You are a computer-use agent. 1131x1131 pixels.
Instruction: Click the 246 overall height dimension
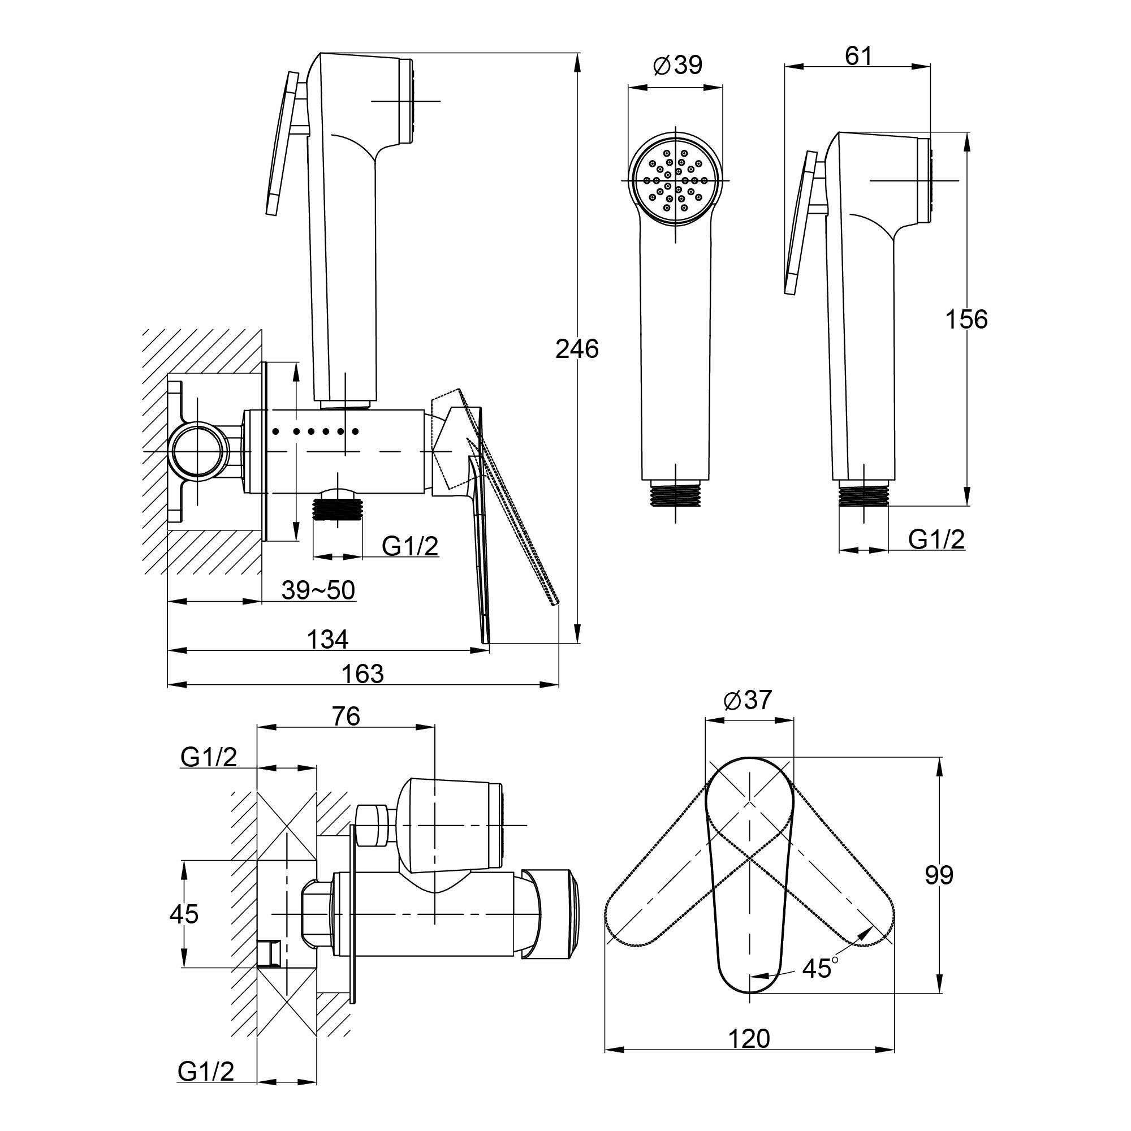pos(577,349)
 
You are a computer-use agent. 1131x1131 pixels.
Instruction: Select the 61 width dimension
pos(859,56)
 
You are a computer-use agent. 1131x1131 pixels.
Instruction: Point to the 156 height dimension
pos(966,319)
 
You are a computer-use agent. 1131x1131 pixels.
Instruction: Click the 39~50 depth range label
pos(318,590)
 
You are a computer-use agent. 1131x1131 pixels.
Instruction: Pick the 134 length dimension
pos(328,639)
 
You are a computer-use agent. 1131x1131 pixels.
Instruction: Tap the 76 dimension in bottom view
pos(346,716)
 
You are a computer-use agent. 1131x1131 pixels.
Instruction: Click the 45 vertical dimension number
pos(184,914)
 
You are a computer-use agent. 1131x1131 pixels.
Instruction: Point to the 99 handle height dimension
pos(939,875)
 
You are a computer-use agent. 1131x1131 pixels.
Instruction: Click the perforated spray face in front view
pos(676,180)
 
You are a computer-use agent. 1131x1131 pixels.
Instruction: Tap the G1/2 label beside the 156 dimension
pos(936,539)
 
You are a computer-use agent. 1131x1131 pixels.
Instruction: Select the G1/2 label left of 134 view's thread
pos(410,546)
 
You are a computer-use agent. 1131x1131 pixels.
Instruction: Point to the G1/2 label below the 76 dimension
pos(209,757)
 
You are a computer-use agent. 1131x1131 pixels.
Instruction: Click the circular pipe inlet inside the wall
pos(198,451)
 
